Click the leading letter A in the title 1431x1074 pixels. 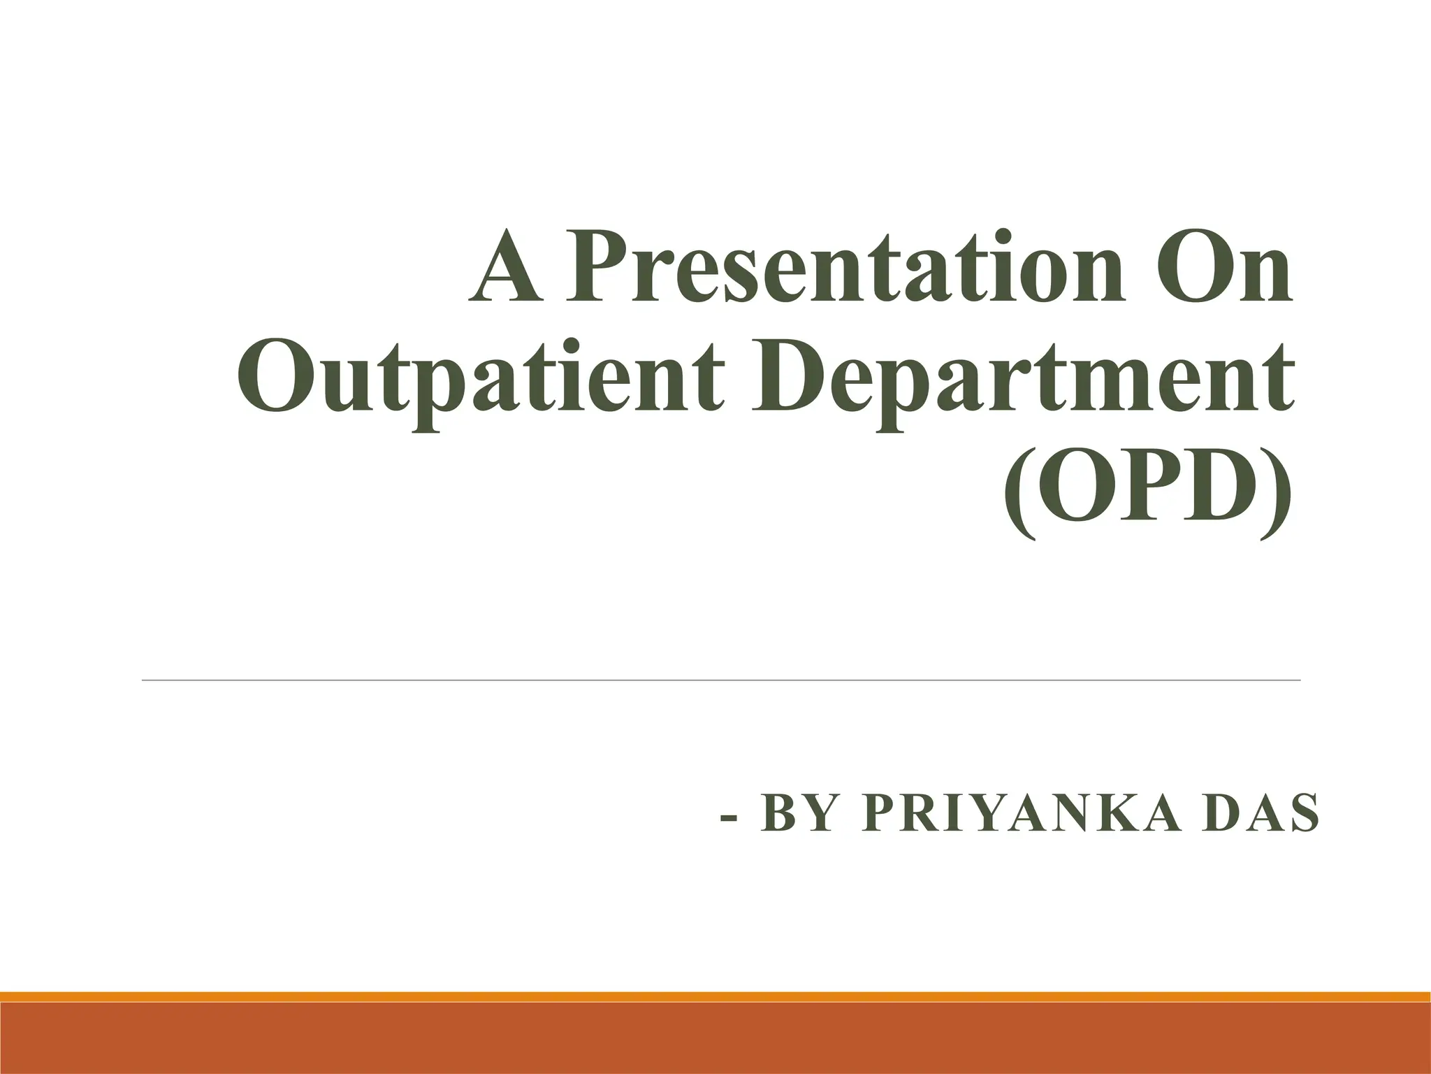504,269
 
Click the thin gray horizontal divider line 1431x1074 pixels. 720,680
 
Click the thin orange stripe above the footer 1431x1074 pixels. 715,996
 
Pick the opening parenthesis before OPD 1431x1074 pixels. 1019,496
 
